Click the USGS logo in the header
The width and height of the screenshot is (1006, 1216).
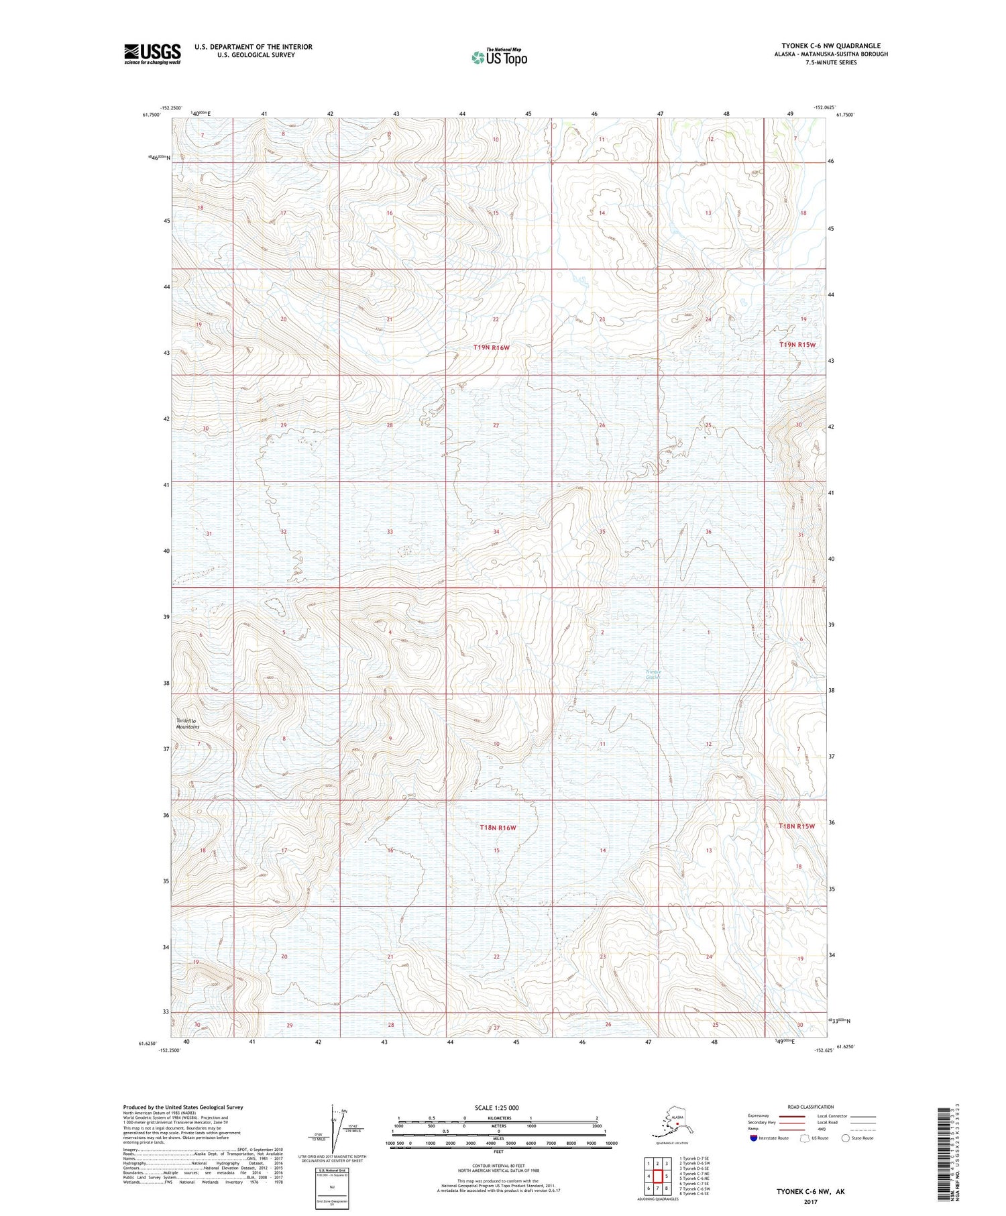pos(152,53)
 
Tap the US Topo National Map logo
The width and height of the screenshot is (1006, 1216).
pos(500,57)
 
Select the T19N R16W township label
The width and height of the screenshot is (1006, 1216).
pos(492,347)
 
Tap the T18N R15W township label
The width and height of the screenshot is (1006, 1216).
pos(797,826)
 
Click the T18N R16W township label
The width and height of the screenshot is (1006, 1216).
pos(498,828)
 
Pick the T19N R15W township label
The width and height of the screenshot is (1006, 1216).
pos(797,344)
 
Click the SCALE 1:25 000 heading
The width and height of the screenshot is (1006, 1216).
pos(496,1108)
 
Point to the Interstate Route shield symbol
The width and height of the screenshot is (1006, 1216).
pos(754,1138)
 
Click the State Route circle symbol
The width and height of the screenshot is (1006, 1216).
pos(845,1138)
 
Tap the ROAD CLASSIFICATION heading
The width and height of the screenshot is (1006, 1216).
pos(811,1107)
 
